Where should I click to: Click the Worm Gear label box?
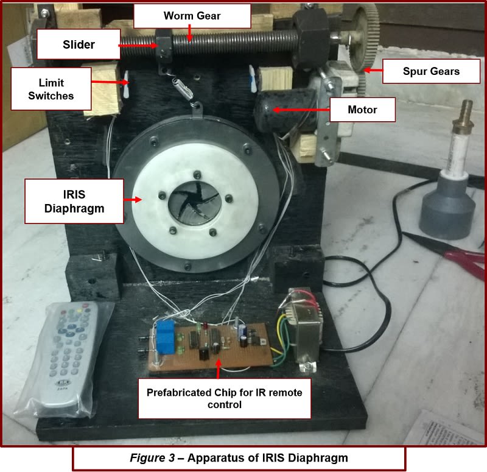[x=192, y=16]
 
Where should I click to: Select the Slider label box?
[x=79, y=44]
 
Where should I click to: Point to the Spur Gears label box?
[x=431, y=72]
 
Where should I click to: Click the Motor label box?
[x=362, y=110]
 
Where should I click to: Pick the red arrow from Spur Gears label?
[x=373, y=72]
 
